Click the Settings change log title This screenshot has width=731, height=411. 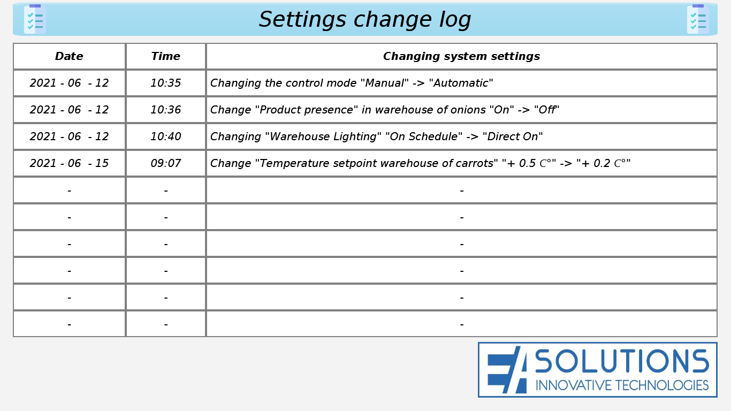click(x=365, y=20)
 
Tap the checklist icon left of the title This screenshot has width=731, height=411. click(x=35, y=19)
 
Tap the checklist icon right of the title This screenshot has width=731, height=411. click(x=698, y=19)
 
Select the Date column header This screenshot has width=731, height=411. click(x=69, y=56)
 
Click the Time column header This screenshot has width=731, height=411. click(x=166, y=56)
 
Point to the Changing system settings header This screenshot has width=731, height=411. click(x=461, y=57)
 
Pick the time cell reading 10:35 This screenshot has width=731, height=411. click(x=166, y=83)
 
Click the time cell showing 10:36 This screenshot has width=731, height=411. click(x=166, y=110)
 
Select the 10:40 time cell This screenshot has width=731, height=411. click(x=166, y=136)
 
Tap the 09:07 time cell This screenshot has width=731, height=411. click(x=166, y=163)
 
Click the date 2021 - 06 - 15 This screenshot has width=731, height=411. click(x=69, y=163)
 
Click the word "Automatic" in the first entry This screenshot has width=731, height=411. click(x=461, y=83)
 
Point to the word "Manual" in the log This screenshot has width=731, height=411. click(x=384, y=83)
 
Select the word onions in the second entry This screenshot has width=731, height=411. click(x=468, y=110)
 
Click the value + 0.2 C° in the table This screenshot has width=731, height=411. click(x=603, y=163)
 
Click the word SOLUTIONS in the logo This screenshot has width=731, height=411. click(x=622, y=361)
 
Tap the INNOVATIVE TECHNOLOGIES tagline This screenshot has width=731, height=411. click(x=622, y=385)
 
